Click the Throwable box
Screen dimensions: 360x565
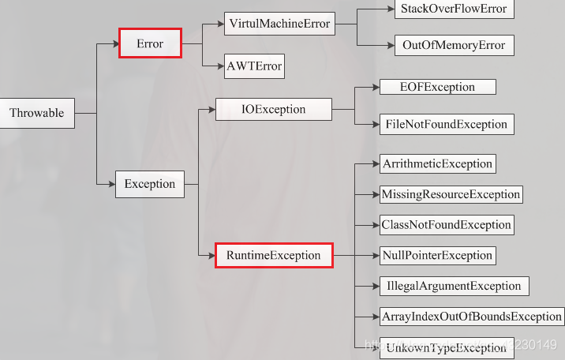(x=37, y=113)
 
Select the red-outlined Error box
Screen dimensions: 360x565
(x=150, y=43)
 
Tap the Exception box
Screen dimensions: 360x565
(x=150, y=184)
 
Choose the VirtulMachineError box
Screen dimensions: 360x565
(x=279, y=24)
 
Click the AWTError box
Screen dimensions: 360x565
(x=254, y=66)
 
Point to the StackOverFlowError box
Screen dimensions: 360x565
(x=454, y=9)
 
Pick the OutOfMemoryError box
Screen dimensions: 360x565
(x=454, y=45)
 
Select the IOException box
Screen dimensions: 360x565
(x=273, y=109)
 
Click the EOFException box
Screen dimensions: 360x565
(x=438, y=87)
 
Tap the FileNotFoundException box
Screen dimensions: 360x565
(x=446, y=124)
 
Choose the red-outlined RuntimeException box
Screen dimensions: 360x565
(x=274, y=255)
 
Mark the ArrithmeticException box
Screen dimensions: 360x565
(x=437, y=164)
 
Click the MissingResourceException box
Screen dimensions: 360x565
(x=451, y=194)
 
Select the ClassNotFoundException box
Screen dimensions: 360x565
(x=447, y=224)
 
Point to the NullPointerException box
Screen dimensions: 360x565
(x=437, y=255)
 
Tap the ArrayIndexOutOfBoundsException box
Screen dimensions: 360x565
(x=471, y=317)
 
